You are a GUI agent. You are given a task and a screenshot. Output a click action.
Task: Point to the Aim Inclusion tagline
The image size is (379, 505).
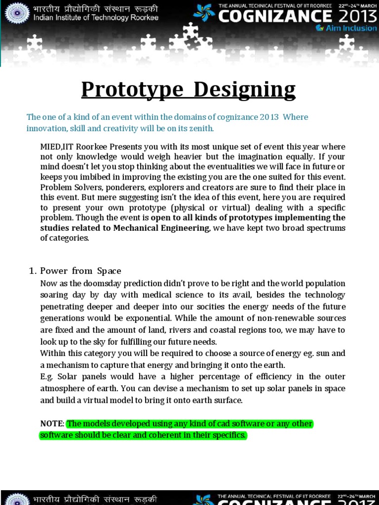tap(348, 28)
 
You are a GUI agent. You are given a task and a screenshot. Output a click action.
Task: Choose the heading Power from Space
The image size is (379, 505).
tap(80, 271)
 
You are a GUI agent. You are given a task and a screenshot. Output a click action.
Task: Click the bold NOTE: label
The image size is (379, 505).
tap(52, 424)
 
